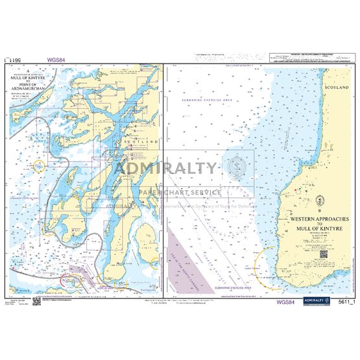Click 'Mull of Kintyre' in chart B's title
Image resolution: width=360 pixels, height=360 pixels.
pyautogui.click(x=322, y=230)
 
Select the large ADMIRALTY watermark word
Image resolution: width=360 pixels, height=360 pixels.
pyautogui.click(x=165, y=169)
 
